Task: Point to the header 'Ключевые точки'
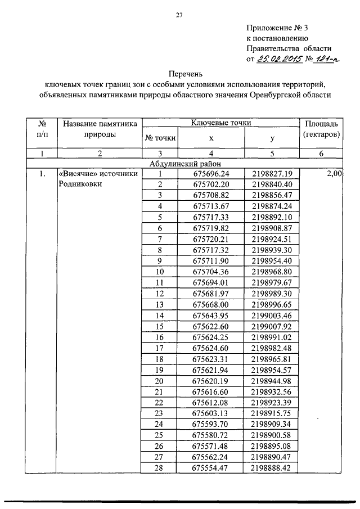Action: click(221, 123)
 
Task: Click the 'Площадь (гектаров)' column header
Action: click(321, 129)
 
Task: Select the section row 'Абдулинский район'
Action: click(187, 164)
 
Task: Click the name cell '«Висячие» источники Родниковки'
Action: click(98, 179)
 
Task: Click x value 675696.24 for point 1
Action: click(211, 174)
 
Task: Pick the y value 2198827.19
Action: click(273, 174)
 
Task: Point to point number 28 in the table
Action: click(160, 467)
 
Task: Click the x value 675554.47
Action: click(211, 467)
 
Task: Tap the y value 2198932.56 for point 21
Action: click(273, 391)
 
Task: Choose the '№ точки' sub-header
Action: click(160, 138)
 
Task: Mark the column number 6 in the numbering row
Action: click(321, 154)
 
